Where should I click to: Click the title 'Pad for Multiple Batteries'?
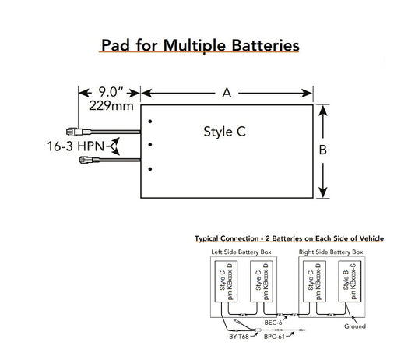point(200,45)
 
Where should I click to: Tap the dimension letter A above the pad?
point(227,94)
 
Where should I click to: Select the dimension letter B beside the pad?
point(323,150)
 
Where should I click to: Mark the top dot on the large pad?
point(150,121)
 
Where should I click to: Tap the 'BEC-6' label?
point(272,322)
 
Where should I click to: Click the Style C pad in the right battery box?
point(314,282)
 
